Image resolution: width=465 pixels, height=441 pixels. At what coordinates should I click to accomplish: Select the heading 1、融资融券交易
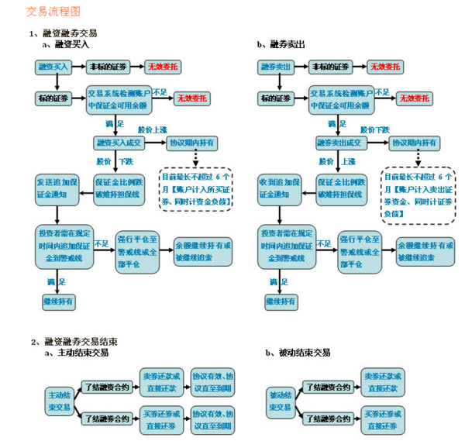[63, 34]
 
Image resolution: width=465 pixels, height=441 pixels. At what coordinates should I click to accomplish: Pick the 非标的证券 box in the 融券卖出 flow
[331, 67]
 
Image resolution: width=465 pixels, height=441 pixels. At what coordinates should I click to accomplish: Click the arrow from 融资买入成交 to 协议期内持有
[155, 143]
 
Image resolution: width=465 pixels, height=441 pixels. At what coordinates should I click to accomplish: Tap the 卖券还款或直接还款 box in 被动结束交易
[382, 381]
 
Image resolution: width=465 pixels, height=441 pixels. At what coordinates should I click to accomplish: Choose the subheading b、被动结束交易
[298, 353]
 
